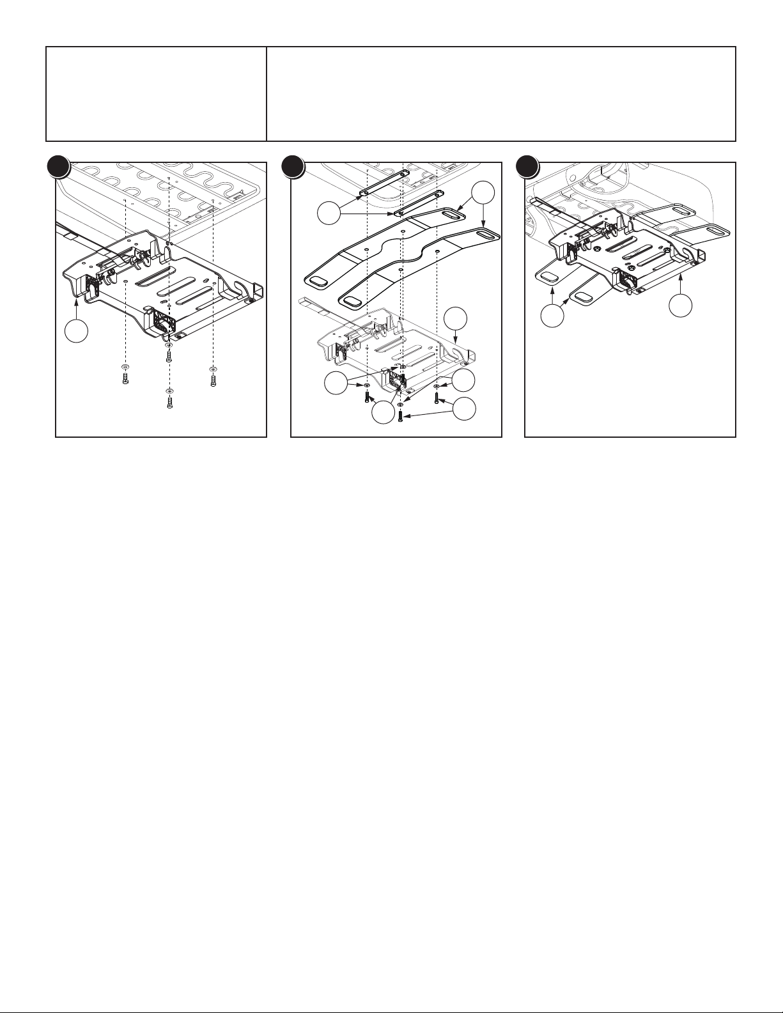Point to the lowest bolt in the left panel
tap(169, 403)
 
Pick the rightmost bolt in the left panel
tap(212, 381)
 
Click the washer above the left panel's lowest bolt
tap(169, 390)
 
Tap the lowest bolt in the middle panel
tap(399, 416)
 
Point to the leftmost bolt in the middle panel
tap(367, 397)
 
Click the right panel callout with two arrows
tap(552, 316)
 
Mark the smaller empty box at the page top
tap(156, 93)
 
